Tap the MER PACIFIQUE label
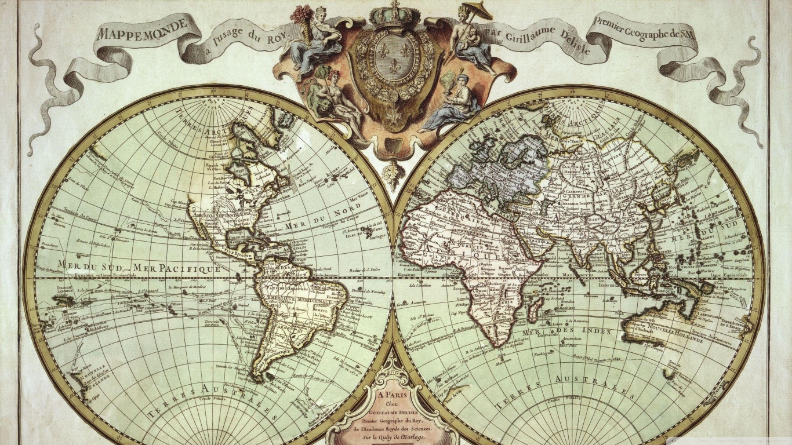(176, 268)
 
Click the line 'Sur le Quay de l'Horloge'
(394, 435)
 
